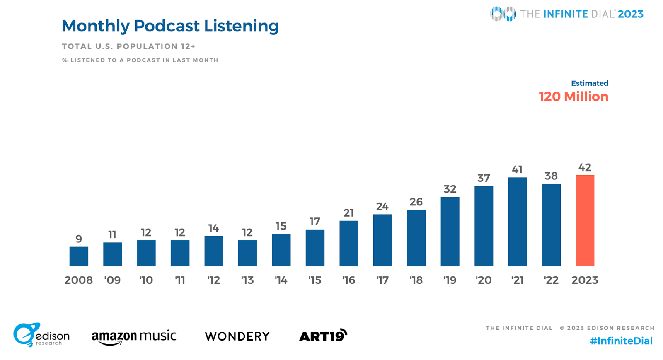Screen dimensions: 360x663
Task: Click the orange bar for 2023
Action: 585,220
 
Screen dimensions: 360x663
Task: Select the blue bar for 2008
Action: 79,256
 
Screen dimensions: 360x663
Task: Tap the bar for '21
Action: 518,222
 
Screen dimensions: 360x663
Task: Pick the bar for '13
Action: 247,253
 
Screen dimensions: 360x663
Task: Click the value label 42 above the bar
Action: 585,167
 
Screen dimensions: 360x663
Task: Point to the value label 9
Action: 79,239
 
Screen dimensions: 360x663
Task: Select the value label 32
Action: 450,189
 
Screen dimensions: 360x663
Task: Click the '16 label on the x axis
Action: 348,280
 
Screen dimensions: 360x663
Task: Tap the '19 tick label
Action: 450,280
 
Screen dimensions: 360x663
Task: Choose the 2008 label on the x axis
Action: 79,280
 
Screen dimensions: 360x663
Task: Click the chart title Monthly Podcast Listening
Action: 170,26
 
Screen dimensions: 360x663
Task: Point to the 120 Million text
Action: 573,97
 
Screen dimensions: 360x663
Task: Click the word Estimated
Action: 590,83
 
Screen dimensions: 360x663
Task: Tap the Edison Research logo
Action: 41,335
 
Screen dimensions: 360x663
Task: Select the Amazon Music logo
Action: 134,336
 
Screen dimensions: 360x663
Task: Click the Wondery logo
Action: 237,336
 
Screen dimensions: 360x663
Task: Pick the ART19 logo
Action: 323,336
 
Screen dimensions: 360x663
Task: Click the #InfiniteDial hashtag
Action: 621,341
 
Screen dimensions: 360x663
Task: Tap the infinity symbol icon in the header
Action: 503,14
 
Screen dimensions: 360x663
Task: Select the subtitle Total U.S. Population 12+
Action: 128,46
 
